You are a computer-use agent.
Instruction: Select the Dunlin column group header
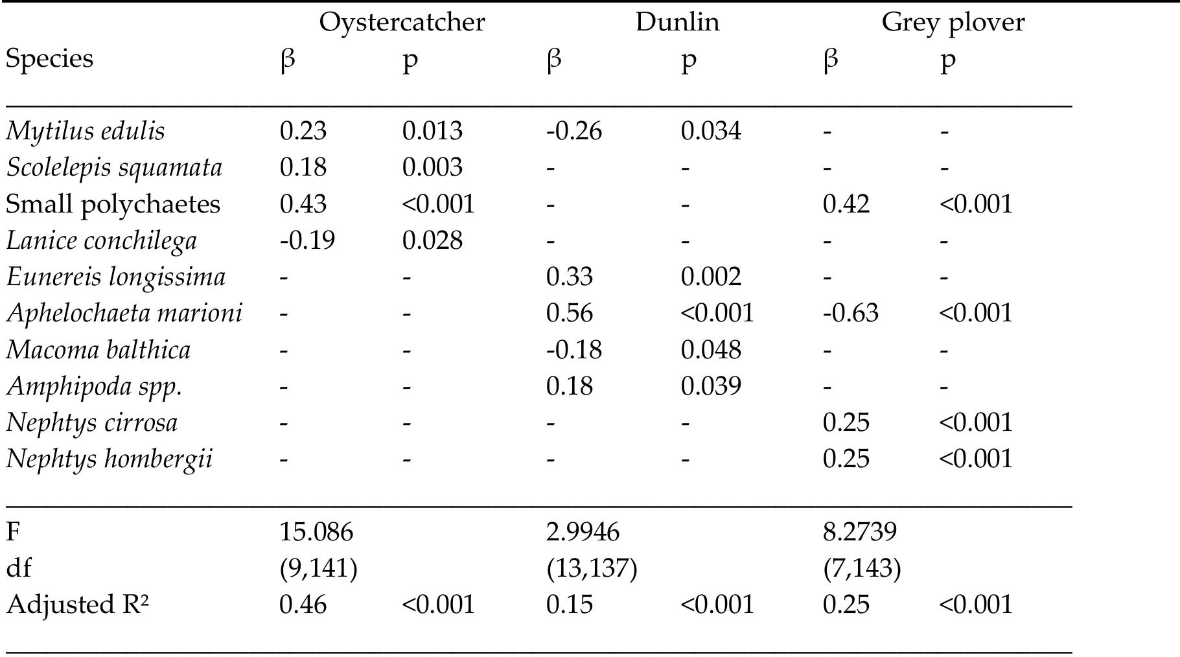[x=677, y=22]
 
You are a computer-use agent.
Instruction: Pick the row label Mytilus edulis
[x=86, y=132]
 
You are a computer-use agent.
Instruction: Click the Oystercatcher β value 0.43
[x=303, y=205]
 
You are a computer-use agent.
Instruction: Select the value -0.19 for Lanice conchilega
[x=307, y=241]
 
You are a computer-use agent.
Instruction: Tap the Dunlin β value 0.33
[x=570, y=277]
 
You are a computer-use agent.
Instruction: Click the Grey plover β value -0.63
[x=851, y=314]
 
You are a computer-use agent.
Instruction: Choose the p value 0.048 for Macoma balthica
[x=711, y=351]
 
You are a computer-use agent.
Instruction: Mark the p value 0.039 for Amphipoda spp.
[x=711, y=387]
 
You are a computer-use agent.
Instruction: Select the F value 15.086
[x=316, y=533]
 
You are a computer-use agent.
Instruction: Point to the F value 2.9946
[x=583, y=533]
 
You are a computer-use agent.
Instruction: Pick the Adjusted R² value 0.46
[x=303, y=605]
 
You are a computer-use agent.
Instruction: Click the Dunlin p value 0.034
[x=711, y=132]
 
